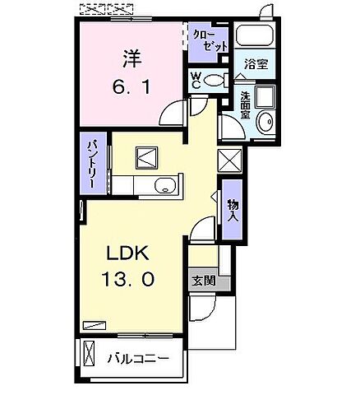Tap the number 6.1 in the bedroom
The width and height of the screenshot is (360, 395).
pyautogui.click(x=132, y=85)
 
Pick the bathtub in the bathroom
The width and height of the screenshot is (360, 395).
pyautogui.click(x=253, y=37)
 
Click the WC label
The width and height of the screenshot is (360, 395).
pyautogui.click(x=196, y=80)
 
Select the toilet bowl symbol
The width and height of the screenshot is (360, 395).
pyautogui.click(x=215, y=80)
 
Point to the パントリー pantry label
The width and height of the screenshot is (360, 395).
pyautogui.click(x=95, y=165)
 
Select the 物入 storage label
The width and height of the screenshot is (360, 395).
pyautogui.click(x=233, y=211)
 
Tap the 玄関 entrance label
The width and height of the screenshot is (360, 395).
pyautogui.click(x=204, y=280)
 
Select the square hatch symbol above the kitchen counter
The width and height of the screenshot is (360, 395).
pyautogui.click(x=148, y=156)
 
